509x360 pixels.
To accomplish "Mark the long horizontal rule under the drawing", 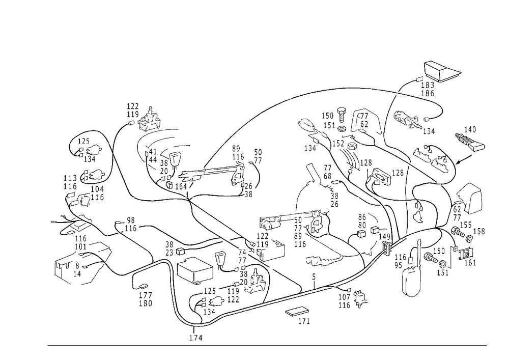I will click(267, 345).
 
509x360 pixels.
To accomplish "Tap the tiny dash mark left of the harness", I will click(52, 222).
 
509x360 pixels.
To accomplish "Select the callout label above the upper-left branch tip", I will click(133, 108).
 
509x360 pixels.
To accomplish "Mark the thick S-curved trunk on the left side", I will click(127, 163).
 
